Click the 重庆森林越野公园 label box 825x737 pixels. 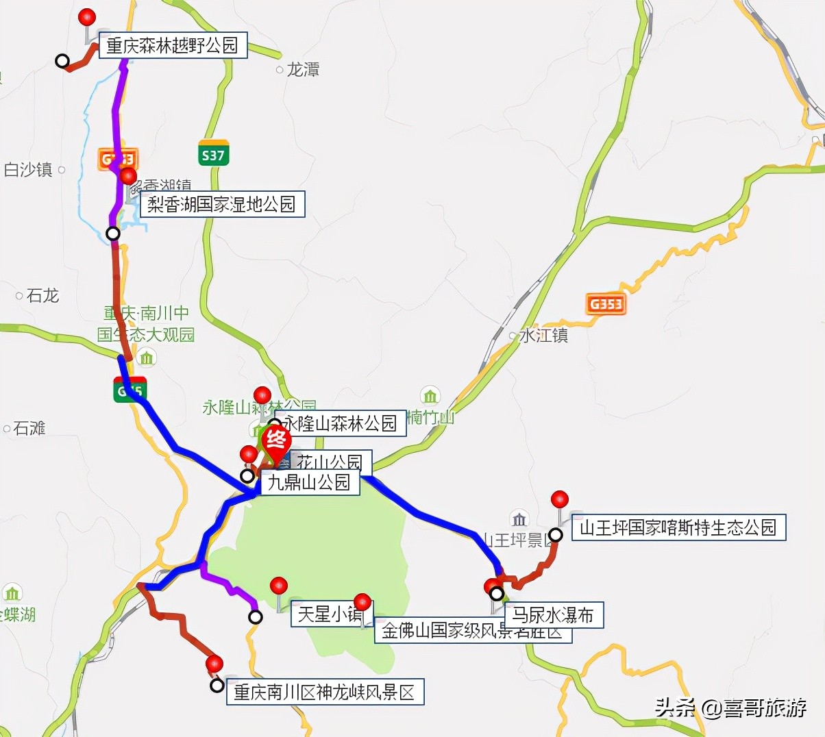click(173, 46)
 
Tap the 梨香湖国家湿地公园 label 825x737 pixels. click(221, 204)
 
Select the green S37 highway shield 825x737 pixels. click(213, 155)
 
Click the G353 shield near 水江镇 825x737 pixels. click(606, 303)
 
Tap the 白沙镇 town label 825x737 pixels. click(28, 170)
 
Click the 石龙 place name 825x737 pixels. click(42, 295)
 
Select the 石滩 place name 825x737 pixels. click(29, 428)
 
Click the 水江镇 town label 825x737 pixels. click(543, 335)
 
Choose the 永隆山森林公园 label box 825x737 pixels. click(340, 423)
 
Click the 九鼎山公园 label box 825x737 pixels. click(308, 482)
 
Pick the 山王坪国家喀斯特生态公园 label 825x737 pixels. click(678, 527)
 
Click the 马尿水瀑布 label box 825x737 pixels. click(554, 614)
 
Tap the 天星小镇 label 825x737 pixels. click(330, 614)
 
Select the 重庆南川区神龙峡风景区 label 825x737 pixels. click(325, 692)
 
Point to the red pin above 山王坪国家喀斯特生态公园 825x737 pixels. click(560, 500)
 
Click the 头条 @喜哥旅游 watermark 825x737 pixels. click(730, 708)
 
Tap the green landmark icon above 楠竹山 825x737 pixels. click(430, 397)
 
